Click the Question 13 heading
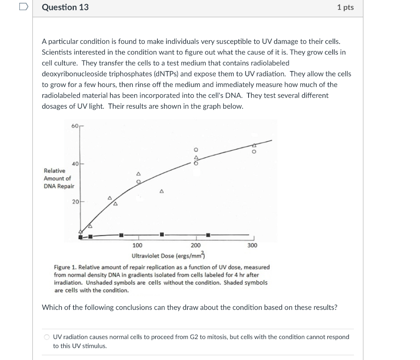coord(65,7)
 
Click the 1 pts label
coord(345,7)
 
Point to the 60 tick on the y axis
coord(75,126)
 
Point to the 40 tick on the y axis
coord(75,164)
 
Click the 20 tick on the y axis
coord(75,202)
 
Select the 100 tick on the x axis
coord(137,245)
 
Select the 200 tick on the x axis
coord(196,245)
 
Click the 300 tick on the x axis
coord(252,245)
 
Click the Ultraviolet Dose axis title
coord(168,256)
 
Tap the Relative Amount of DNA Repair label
coord(59,178)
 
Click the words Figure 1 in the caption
coord(64,267)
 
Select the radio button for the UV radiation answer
coord(47,337)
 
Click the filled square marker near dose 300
coord(208,235)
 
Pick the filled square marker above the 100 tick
coord(121,235)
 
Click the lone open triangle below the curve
coord(162,191)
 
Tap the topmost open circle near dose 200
coord(196,149)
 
